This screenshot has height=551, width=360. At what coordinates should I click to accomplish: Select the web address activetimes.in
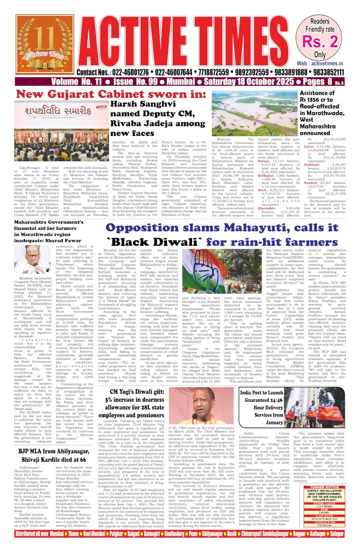329,63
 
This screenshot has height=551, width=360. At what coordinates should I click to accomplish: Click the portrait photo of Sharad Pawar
29,264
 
